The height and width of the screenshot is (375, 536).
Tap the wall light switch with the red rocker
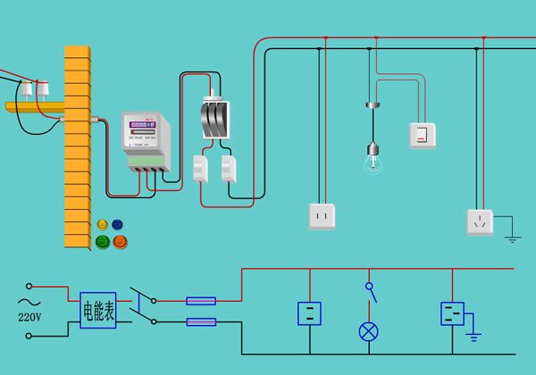point(423,135)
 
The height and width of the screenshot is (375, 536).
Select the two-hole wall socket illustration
point(322,216)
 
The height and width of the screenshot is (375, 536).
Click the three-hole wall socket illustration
point(480,221)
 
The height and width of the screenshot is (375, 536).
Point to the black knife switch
point(214,118)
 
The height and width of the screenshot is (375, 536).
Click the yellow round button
point(102,224)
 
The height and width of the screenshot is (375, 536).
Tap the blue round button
point(118,224)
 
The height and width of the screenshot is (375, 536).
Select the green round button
point(102,241)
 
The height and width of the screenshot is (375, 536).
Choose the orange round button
point(120,241)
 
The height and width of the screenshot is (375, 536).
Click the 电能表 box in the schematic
point(97,311)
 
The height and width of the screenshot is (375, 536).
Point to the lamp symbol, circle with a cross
point(368,331)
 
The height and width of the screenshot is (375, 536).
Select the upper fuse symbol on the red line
point(201,301)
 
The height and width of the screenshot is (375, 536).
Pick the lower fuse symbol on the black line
point(201,321)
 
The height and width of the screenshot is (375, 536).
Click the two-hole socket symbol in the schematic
point(309,313)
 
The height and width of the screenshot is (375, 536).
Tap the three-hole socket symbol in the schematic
point(453,313)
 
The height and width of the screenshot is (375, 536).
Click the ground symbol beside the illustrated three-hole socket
point(512,237)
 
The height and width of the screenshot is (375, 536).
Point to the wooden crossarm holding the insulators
point(36,107)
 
